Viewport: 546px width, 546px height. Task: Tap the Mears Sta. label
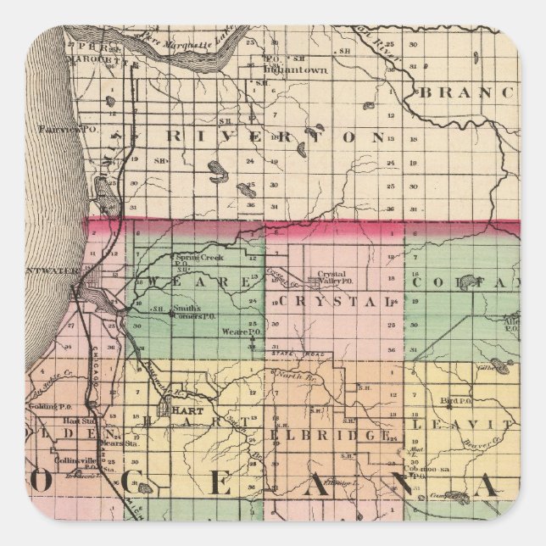[111, 442]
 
